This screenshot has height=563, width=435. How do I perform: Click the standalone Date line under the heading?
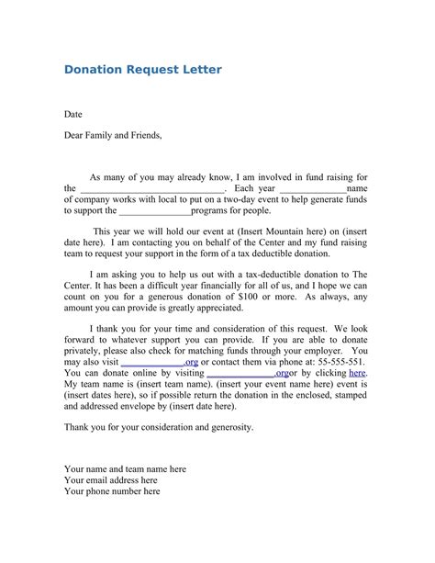pyautogui.click(x=73, y=115)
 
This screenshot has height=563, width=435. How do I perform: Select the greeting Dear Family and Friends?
pyautogui.click(x=113, y=135)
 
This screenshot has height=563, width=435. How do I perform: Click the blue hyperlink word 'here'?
pyautogui.click(x=358, y=374)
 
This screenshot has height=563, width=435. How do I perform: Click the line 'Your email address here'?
pyautogui.click(x=111, y=479)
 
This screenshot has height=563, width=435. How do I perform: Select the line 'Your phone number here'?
pyautogui.click(x=112, y=491)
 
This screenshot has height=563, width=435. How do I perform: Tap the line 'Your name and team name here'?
pyautogui.click(x=126, y=468)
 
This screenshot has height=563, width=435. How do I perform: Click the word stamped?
pyautogui.click(x=349, y=395)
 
